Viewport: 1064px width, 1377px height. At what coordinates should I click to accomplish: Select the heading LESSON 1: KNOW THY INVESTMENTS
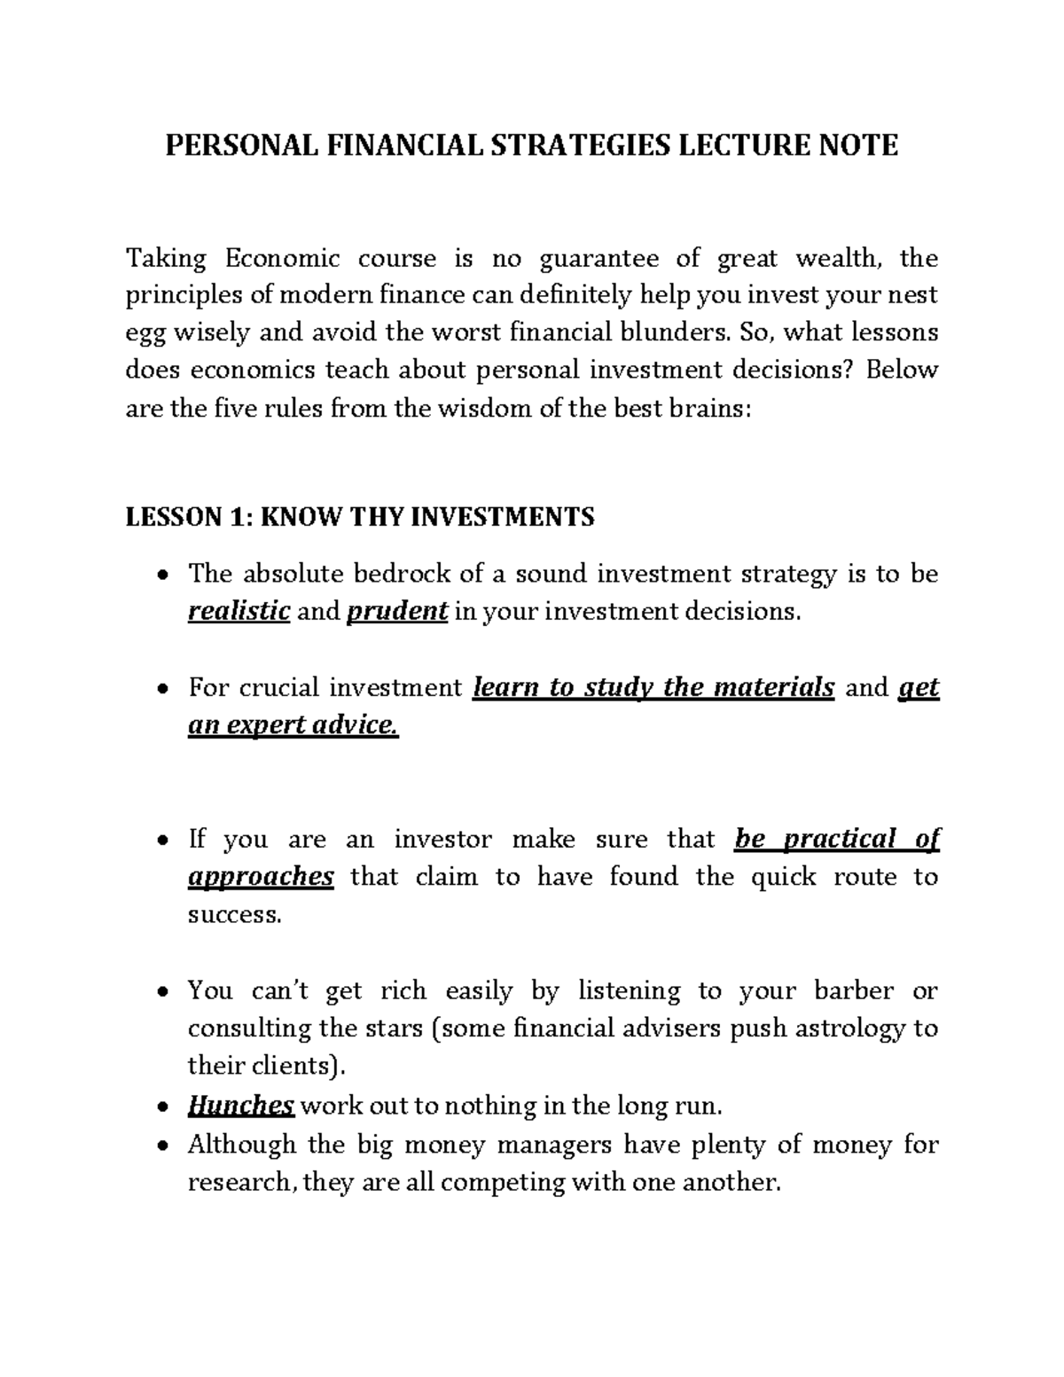360,516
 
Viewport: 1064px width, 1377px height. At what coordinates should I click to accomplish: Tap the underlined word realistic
239,611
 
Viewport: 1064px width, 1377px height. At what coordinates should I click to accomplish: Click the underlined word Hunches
241,1106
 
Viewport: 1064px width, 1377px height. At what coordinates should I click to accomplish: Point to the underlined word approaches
261,877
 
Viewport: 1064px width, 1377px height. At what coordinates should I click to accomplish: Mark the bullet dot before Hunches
161,1107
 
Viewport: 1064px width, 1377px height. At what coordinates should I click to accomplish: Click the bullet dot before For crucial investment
161,689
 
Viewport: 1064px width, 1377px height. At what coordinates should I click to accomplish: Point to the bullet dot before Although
161,1146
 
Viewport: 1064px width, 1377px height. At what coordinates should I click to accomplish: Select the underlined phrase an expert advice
293,725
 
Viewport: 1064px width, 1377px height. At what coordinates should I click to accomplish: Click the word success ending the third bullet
234,915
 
